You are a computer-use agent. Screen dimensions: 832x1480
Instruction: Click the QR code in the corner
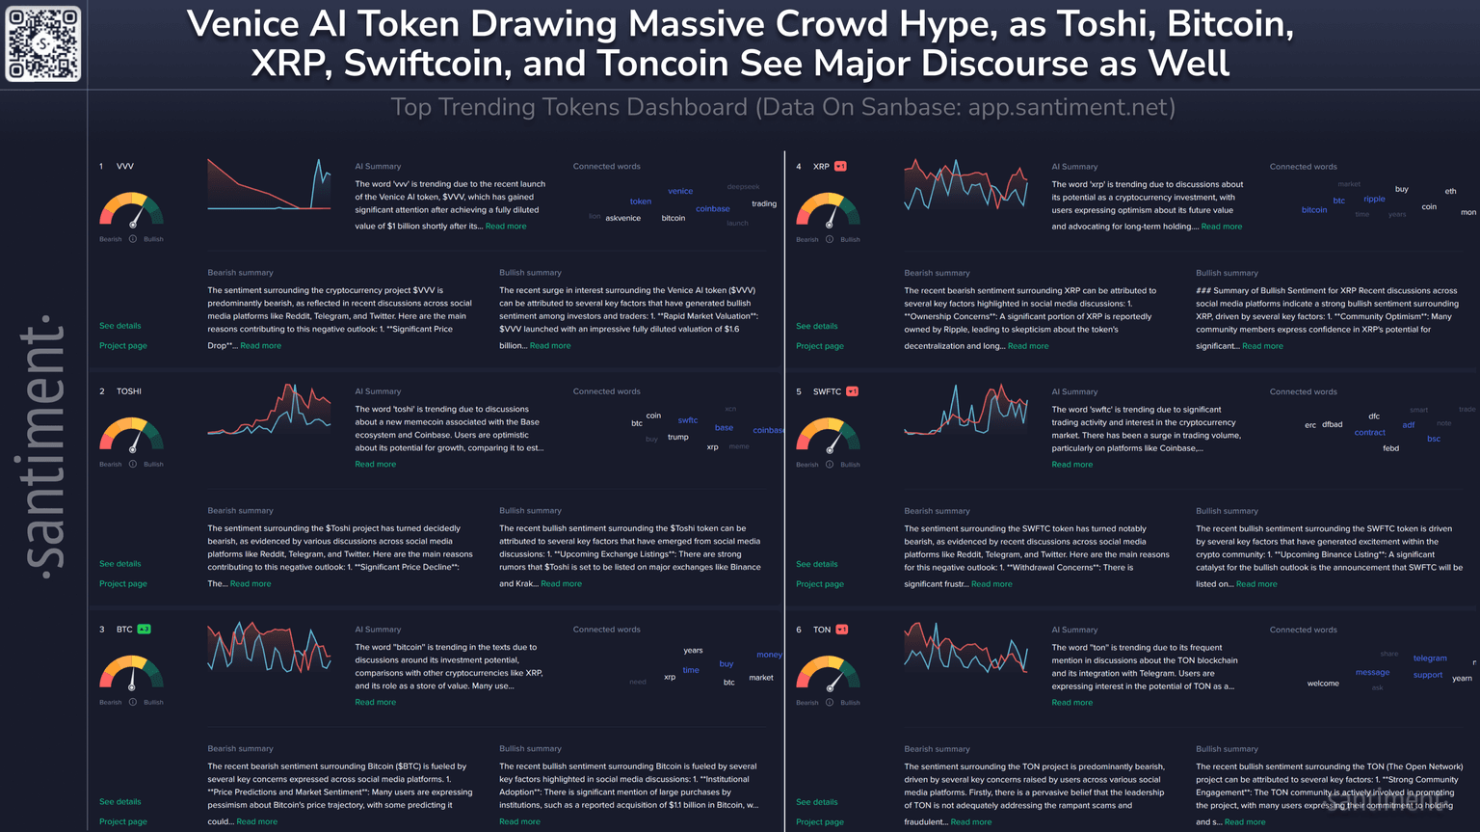point(43,44)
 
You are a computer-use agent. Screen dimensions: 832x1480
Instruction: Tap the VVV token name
point(125,167)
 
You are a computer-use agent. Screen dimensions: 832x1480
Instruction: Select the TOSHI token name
point(129,391)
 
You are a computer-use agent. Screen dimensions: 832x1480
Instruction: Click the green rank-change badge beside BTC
point(144,630)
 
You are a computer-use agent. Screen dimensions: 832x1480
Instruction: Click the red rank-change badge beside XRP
point(840,167)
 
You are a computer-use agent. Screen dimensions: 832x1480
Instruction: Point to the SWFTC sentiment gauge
point(828,436)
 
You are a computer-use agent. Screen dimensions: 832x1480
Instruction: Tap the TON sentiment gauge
point(828,673)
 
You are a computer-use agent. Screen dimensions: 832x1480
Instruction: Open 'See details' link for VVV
point(119,326)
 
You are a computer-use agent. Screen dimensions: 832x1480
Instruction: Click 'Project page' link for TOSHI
point(123,583)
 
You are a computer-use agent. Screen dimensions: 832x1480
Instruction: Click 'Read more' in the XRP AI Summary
point(1222,227)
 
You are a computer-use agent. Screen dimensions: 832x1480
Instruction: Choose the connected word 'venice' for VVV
point(680,191)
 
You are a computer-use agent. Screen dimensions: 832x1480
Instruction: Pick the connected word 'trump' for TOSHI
point(678,437)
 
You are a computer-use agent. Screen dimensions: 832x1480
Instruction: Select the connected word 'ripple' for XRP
point(1374,200)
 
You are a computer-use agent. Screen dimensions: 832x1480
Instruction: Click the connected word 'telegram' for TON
point(1430,658)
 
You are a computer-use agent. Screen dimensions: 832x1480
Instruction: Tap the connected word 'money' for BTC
point(769,655)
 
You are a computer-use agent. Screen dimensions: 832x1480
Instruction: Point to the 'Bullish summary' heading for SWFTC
point(1227,511)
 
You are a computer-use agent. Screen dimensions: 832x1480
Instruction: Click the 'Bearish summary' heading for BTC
point(240,749)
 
